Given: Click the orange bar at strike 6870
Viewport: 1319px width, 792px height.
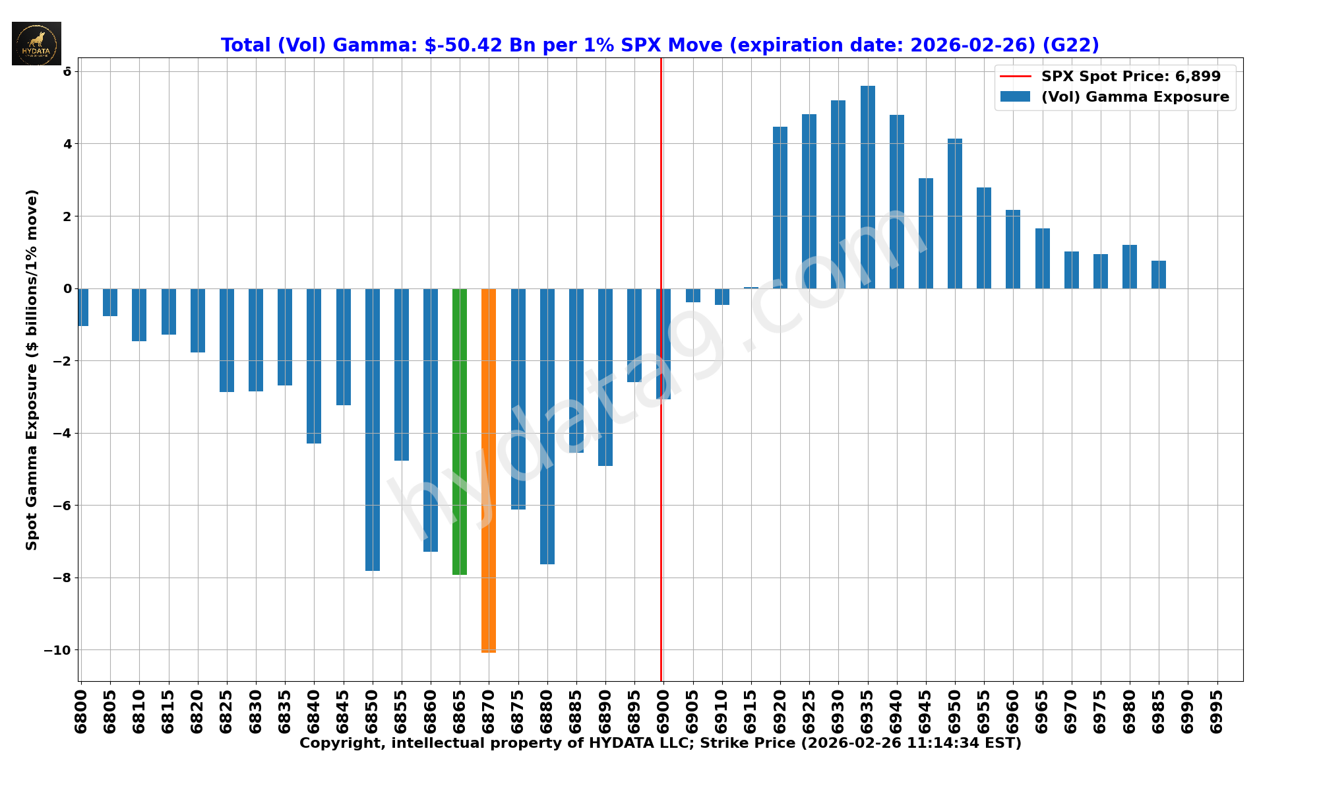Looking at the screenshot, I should pos(489,470).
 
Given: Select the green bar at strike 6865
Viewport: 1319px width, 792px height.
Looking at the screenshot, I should pos(460,432).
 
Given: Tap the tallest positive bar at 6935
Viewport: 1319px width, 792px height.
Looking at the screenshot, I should pos(868,187).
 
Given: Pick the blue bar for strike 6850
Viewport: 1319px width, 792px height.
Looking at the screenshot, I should pos(373,430).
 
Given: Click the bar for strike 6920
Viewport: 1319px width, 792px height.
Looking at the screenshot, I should pos(780,207).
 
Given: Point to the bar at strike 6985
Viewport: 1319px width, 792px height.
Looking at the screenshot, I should pos(1159,275).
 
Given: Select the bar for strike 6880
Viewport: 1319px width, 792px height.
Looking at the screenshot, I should pos(547,426).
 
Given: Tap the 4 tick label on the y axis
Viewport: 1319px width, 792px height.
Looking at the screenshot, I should pos(67,144).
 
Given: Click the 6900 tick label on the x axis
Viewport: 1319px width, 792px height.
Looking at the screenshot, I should pos(663,711).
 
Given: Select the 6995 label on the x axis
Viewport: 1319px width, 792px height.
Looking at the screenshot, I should pos(1217,711).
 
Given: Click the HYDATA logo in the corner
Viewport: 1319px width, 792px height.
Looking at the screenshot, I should pos(37,44).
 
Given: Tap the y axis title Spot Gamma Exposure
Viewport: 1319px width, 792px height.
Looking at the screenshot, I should pos(32,370).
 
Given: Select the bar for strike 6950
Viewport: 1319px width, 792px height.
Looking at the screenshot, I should pos(955,213).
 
